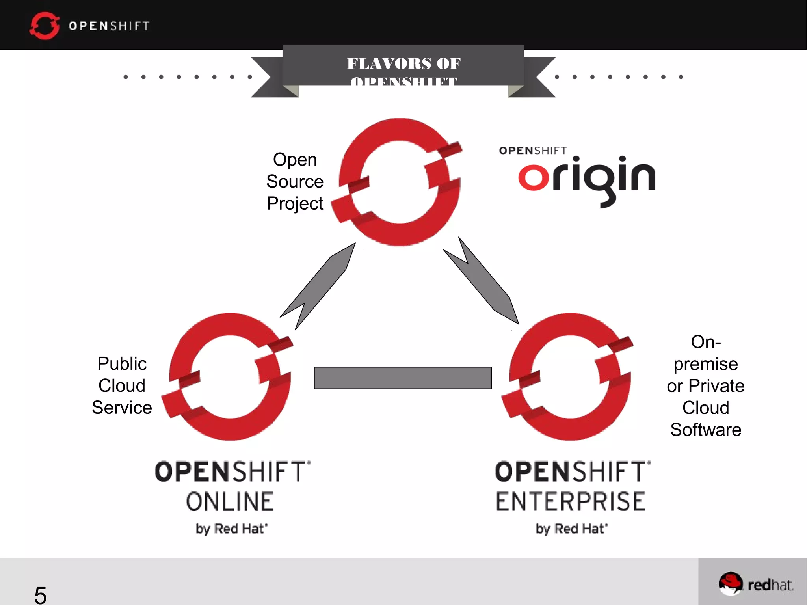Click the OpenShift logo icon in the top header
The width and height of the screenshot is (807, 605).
pos(44,26)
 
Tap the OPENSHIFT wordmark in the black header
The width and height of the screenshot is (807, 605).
pos(109,26)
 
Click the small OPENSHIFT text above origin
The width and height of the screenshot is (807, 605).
pos(533,151)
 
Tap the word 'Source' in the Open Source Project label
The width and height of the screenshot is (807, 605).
pos(295,182)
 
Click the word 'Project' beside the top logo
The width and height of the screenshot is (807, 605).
pos(295,204)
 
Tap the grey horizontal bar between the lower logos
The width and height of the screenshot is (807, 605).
pos(403,378)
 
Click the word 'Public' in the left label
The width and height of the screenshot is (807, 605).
pos(122,364)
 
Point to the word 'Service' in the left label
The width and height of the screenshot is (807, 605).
pos(122,408)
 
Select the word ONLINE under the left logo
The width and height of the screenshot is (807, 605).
pos(230,502)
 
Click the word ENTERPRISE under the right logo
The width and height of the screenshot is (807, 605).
pos(571,502)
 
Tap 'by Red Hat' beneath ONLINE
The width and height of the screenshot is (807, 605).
pos(232,529)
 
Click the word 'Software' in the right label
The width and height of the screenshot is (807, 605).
pos(706,430)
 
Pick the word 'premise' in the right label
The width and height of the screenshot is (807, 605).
pos(706,364)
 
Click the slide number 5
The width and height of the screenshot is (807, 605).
pos(40,595)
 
